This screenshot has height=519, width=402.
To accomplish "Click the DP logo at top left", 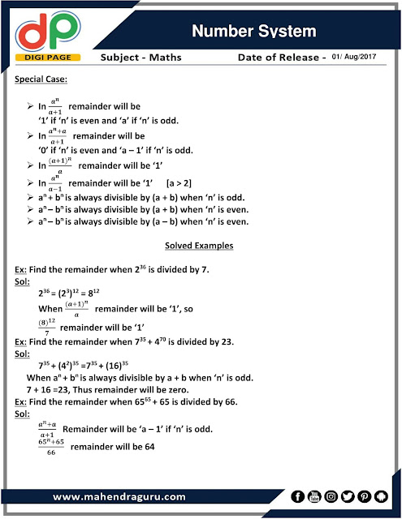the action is [x=43, y=31].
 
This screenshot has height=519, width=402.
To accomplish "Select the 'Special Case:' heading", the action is [x=43, y=80].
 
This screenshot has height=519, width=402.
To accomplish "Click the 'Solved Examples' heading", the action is [x=201, y=245].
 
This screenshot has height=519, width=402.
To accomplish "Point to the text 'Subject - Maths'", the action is [x=142, y=58].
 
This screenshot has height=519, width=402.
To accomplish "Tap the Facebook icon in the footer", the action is [x=297, y=495].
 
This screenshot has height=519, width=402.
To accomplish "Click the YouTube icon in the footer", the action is [x=314, y=495].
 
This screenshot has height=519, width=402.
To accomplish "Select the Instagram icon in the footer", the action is [x=331, y=495].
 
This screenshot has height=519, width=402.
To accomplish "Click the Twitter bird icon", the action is [x=348, y=495].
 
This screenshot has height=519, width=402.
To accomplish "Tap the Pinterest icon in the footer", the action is [x=365, y=495].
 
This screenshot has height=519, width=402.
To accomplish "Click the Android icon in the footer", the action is [x=383, y=495].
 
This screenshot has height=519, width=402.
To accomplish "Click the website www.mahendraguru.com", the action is [x=119, y=496].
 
